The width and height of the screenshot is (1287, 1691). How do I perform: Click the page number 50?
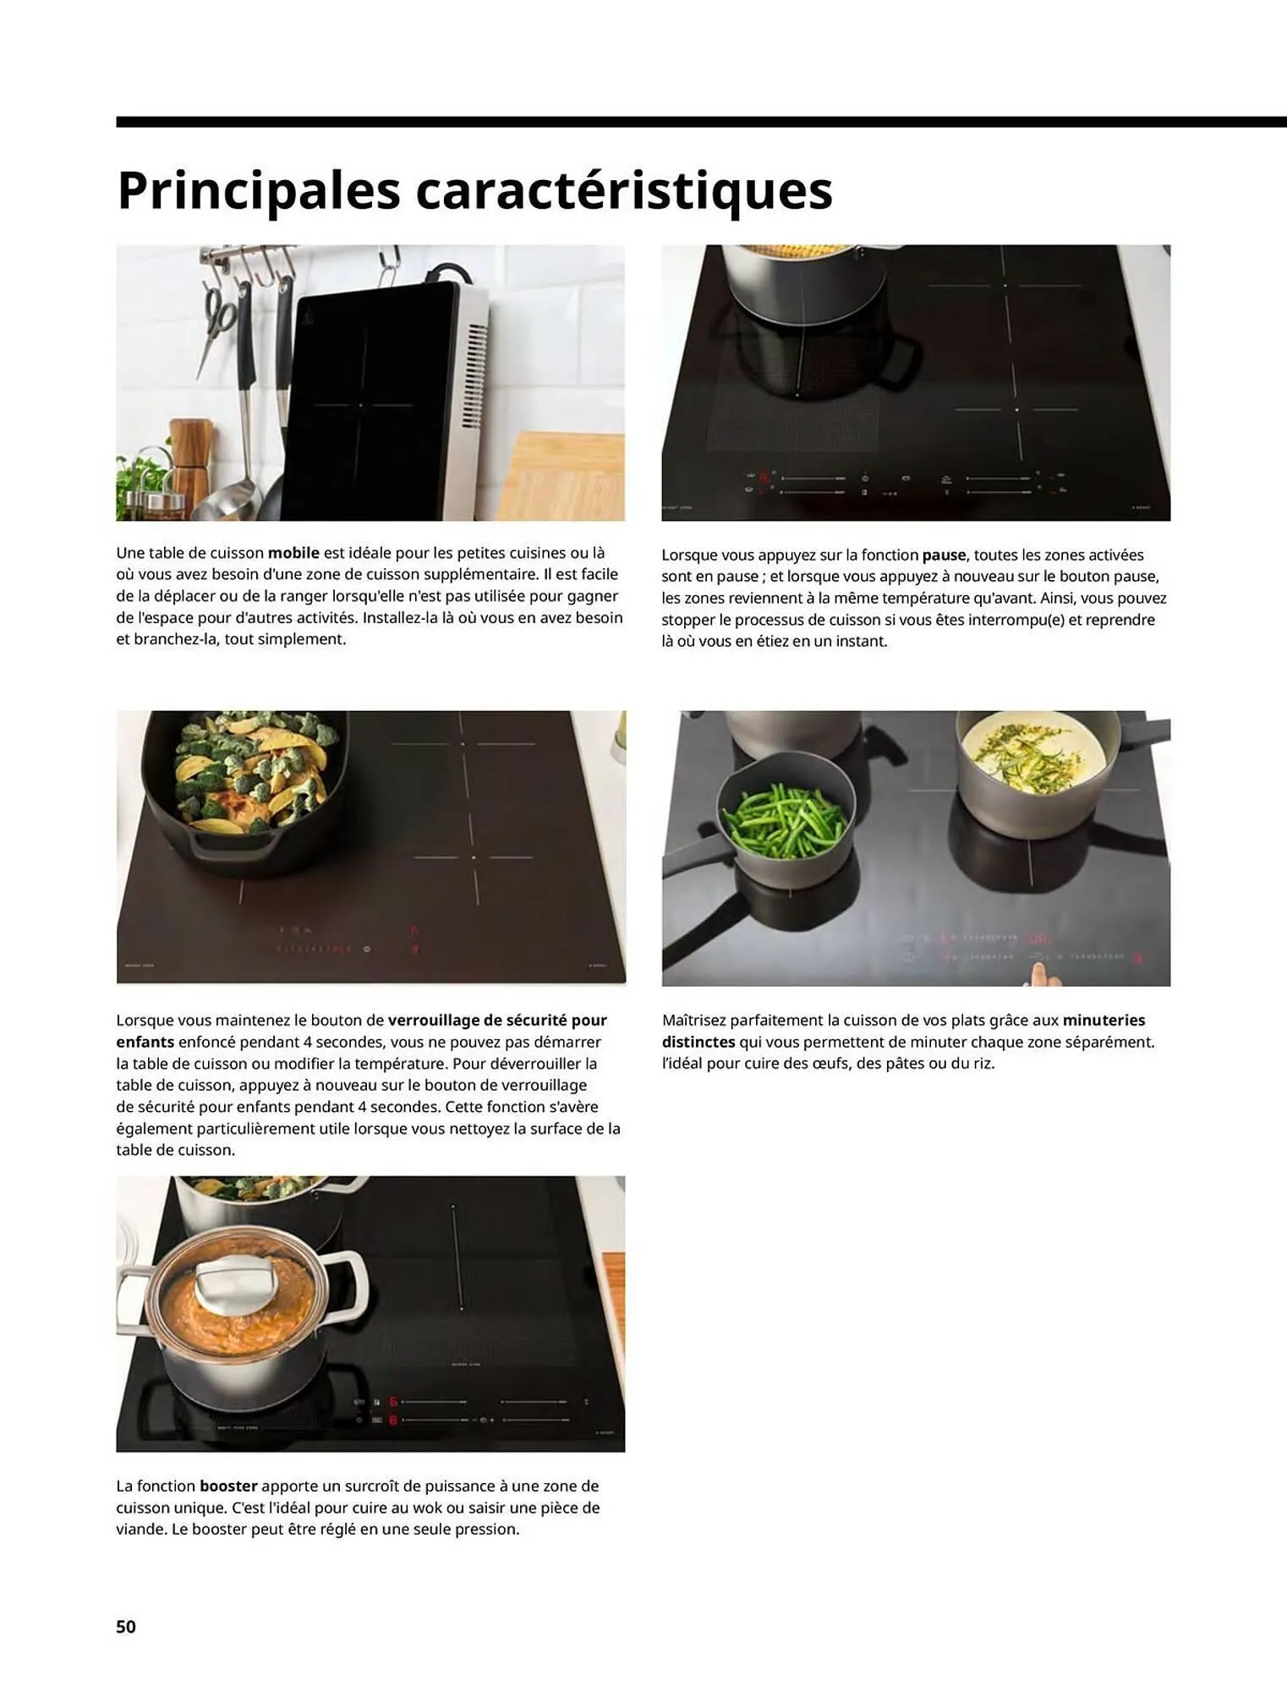click(x=126, y=1626)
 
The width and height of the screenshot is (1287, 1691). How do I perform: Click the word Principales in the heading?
click(x=258, y=191)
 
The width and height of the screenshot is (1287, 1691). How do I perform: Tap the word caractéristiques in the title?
click(x=623, y=191)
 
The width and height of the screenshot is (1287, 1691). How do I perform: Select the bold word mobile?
click(x=293, y=553)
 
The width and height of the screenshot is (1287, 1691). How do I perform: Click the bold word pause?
click(x=944, y=555)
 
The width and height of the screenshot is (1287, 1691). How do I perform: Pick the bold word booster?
click(x=228, y=1486)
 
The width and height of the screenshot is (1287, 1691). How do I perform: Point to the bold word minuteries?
click(x=1104, y=1021)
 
